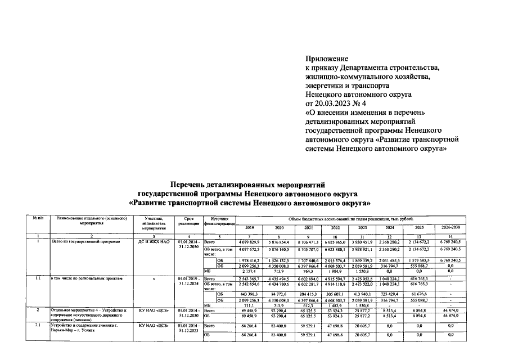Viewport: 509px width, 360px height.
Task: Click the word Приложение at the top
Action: (x=327, y=58)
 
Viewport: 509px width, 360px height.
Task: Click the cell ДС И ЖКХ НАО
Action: (x=153, y=241)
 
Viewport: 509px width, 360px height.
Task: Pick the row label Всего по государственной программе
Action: (x=82, y=241)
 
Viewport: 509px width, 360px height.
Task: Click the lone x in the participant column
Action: (x=153, y=278)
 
